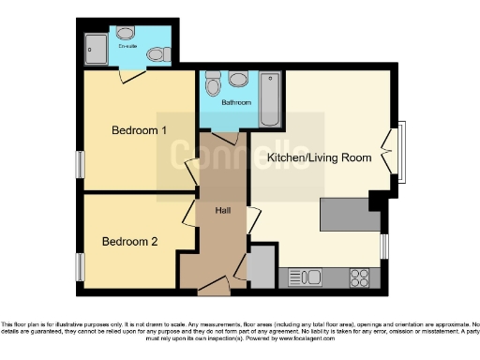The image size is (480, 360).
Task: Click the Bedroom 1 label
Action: [139, 130]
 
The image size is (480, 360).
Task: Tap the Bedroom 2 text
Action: [129, 241]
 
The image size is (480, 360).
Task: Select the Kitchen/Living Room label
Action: [319, 157]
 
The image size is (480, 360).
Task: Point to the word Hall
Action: [223, 210]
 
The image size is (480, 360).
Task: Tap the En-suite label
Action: [127, 46]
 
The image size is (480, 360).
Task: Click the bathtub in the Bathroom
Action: [270, 99]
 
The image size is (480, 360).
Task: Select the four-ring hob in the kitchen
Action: [360, 277]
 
